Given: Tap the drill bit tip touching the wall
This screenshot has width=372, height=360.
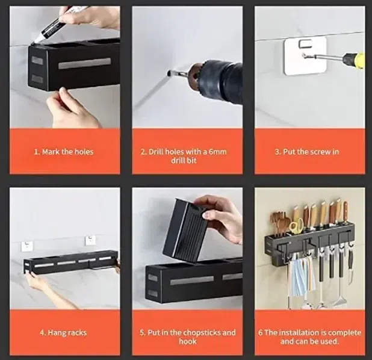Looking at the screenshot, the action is (x=169, y=73).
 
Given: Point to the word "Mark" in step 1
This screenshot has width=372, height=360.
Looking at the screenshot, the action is (x=51, y=152).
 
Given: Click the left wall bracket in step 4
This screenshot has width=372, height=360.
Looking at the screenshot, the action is (x=26, y=246).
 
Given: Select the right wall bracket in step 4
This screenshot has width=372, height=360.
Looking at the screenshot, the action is (x=90, y=240).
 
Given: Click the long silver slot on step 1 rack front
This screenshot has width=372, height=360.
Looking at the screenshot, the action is (x=85, y=63).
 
